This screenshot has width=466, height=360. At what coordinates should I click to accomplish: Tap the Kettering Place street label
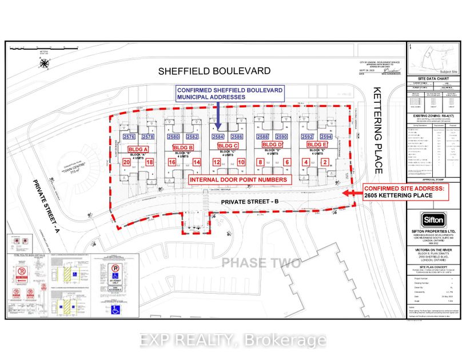(378, 130)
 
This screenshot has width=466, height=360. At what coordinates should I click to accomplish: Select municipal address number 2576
(129, 137)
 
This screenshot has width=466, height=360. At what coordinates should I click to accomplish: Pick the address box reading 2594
(326, 137)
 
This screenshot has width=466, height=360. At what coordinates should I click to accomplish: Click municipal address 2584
(218, 137)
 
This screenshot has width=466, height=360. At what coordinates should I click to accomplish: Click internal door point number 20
(126, 163)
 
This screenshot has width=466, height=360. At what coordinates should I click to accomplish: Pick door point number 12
(216, 163)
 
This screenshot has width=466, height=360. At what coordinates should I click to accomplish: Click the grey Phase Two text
(260, 263)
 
